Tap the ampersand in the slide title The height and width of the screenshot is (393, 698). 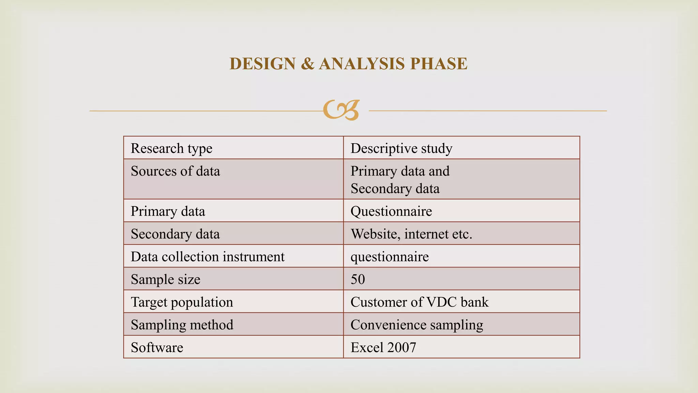click(307, 64)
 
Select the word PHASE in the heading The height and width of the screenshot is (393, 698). click(439, 64)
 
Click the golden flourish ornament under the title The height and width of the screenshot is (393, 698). click(341, 110)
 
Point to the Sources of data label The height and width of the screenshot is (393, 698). click(175, 171)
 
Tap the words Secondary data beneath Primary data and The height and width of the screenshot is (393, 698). click(395, 189)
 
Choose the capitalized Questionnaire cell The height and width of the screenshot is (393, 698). click(391, 211)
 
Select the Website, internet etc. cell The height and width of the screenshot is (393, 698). click(411, 234)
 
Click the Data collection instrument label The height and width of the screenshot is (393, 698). click(207, 257)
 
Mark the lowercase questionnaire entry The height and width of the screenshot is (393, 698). click(389, 257)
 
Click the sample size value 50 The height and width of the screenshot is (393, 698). click(358, 279)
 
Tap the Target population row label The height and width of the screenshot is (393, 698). click(182, 302)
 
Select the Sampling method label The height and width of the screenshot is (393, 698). click(182, 325)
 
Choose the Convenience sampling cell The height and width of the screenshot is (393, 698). click(416, 325)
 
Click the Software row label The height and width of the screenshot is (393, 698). click(157, 348)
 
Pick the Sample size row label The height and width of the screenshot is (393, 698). click(165, 279)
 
